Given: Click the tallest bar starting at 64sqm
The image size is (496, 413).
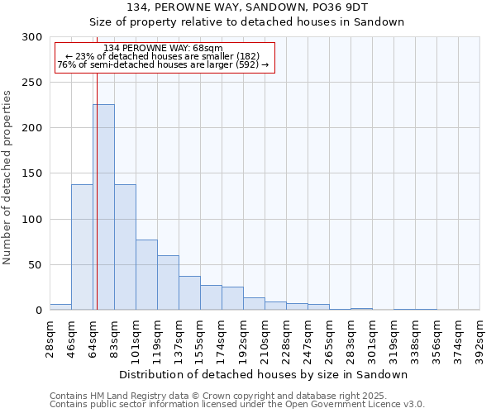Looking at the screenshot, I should tap(103, 207).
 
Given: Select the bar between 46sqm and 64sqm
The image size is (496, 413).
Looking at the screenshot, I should tap(82, 247).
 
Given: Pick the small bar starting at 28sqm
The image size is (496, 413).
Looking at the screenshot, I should tap(60, 307).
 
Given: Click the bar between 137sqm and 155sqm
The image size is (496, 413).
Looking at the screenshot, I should tap(189, 293).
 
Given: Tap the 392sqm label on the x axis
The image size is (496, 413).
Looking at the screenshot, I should tap(479, 339).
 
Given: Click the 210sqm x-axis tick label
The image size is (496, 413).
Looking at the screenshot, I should tap(265, 339).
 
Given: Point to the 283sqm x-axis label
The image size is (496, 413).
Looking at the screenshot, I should tap(351, 339).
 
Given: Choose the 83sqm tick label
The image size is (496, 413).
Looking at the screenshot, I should tap(114, 336).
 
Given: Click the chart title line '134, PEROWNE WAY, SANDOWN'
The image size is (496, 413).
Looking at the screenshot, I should tap(246, 7).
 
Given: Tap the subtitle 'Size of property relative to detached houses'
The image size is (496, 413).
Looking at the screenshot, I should tap(246, 22).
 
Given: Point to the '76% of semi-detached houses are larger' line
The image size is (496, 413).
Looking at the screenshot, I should tap(163, 64).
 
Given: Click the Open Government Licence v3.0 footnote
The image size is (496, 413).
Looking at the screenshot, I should tap(236, 405).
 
